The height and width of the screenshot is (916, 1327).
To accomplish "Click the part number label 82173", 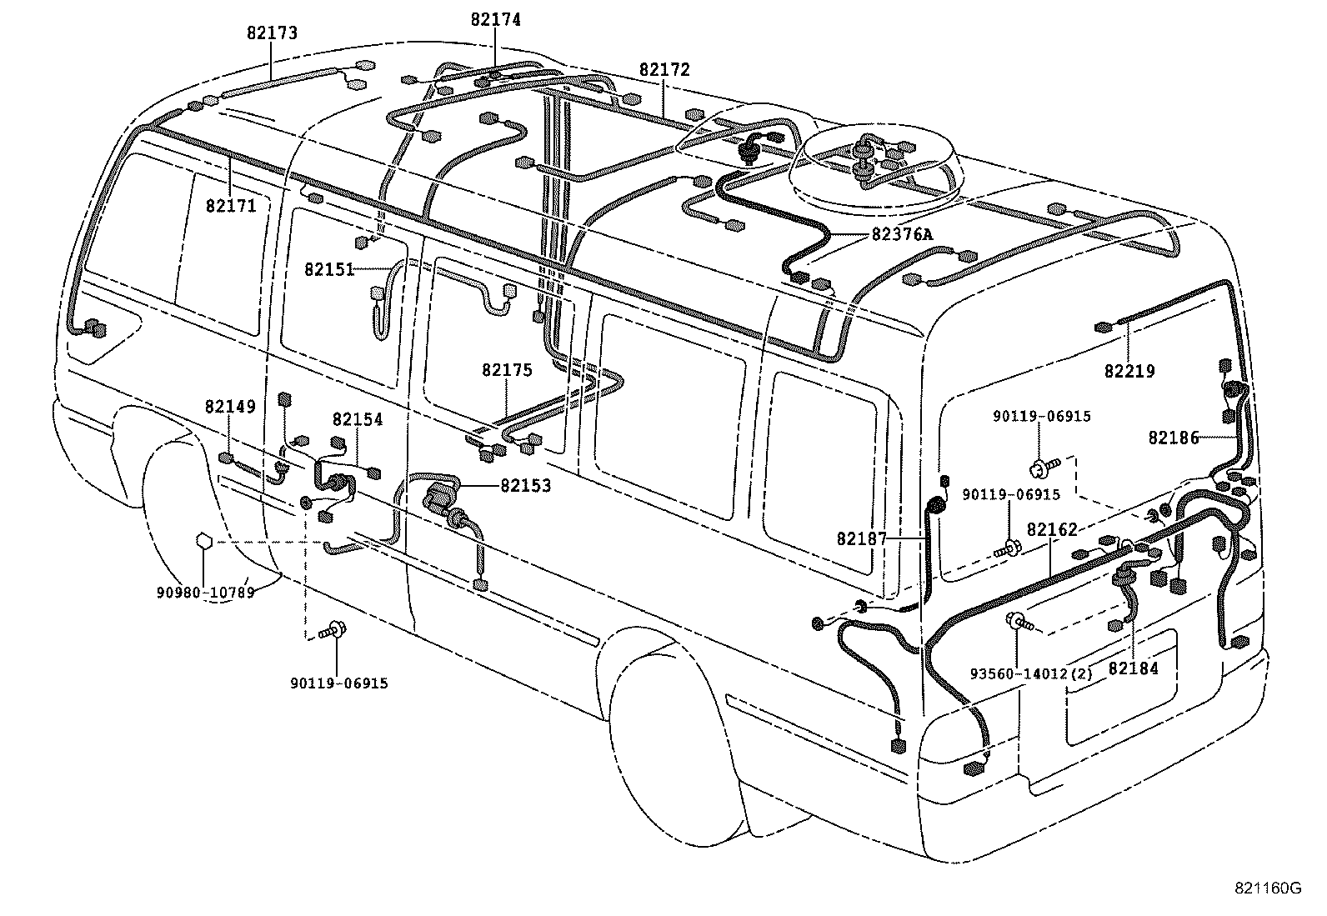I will [x=272, y=34].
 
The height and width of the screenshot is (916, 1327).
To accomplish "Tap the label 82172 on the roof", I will [x=664, y=70].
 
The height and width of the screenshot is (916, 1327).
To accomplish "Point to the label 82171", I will [x=232, y=205].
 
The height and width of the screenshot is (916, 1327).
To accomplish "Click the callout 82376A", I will [x=902, y=235].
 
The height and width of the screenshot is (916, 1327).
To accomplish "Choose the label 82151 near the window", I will [x=329, y=269].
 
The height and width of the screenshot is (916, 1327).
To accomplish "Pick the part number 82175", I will [x=506, y=370].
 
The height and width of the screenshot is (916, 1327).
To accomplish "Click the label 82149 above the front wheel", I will [x=230, y=407].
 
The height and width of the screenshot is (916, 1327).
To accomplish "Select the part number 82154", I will [x=358, y=420].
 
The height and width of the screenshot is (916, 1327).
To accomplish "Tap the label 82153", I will [x=525, y=485].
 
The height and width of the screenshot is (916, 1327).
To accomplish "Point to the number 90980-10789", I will [x=205, y=593].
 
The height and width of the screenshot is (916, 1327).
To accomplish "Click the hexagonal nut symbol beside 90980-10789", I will [x=203, y=542].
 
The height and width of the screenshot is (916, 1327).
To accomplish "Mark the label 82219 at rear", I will [x=1129, y=372].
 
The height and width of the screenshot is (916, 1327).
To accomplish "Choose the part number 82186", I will [x=1173, y=438].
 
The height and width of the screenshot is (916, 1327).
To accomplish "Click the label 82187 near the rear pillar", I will [x=862, y=539].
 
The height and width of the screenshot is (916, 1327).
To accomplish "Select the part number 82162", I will [x=1052, y=529].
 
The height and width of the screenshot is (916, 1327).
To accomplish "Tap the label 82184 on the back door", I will [x=1133, y=668].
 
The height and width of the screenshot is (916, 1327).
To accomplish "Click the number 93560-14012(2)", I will [x=1031, y=673].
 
